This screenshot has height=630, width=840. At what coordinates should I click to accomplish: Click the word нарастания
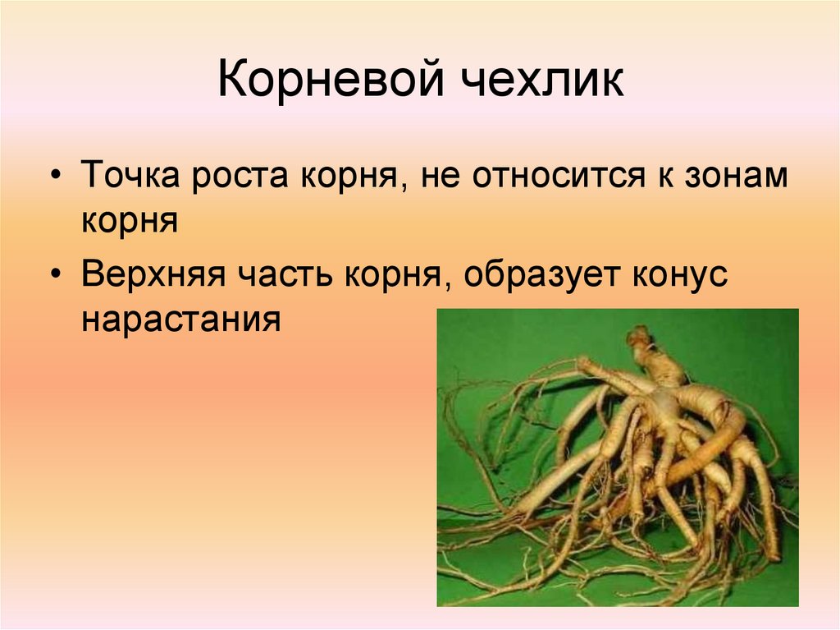pyautogui.click(x=181, y=318)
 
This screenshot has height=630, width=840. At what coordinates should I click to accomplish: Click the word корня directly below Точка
pyautogui.click(x=130, y=223)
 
